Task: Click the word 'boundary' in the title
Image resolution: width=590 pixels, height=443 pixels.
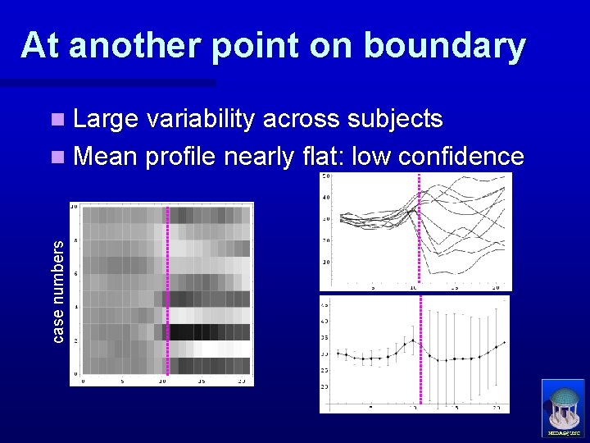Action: coord(444,46)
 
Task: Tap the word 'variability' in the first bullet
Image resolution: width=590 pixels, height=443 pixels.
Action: coord(216,120)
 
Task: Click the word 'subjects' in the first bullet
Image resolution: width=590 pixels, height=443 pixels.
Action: coord(395,120)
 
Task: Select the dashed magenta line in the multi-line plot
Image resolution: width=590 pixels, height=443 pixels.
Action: coord(419,230)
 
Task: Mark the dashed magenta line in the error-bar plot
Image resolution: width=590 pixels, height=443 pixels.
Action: coord(420,353)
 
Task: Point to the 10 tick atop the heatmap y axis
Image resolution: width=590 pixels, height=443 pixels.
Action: coord(74,206)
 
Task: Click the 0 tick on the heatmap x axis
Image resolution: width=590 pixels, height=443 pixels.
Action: coord(83,381)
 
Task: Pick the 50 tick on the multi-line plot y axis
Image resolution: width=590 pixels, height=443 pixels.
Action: coord(325,176)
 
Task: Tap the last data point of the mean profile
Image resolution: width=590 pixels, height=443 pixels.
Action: coord(504,342)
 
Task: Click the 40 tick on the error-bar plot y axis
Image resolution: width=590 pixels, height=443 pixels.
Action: coord(325,321)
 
